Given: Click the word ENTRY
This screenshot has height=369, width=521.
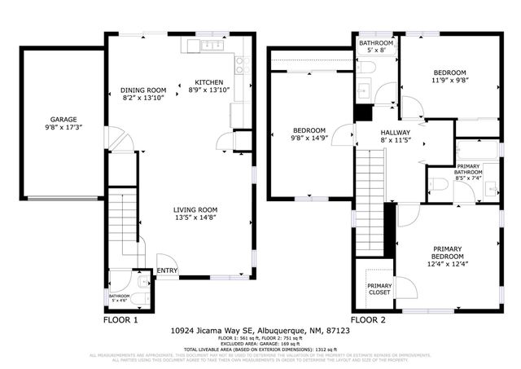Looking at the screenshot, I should [x=167, y=270].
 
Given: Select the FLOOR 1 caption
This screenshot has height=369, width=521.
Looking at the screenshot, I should [x=120, y=320].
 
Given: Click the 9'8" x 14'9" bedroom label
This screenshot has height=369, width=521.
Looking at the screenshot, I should [x=309, y=134].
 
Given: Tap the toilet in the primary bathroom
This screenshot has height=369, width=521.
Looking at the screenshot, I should [x=439, y=185].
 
